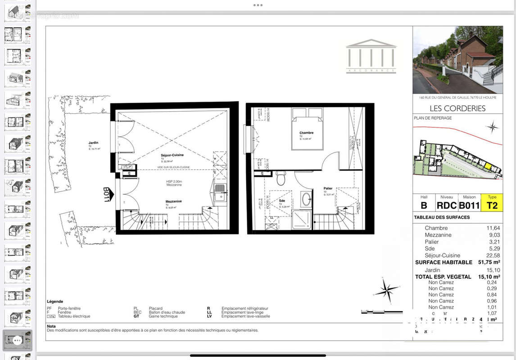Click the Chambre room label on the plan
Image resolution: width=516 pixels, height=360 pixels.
pos(306,133)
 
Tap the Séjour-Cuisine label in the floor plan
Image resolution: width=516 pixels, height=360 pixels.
pos(172,155)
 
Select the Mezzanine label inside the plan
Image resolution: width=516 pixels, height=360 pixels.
pos(173,202)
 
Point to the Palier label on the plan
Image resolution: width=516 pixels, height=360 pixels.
pos(328,189)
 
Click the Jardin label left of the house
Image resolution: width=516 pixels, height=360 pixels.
pos(93,143)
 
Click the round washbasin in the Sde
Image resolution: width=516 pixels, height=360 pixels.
pos(306,198)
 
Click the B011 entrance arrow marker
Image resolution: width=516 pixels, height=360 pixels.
pos(107,195)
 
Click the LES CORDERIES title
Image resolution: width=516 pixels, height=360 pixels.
pos(457,108)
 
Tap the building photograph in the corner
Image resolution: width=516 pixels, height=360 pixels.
pos(457,59)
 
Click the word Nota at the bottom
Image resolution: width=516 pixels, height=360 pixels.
pos(51,326)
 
